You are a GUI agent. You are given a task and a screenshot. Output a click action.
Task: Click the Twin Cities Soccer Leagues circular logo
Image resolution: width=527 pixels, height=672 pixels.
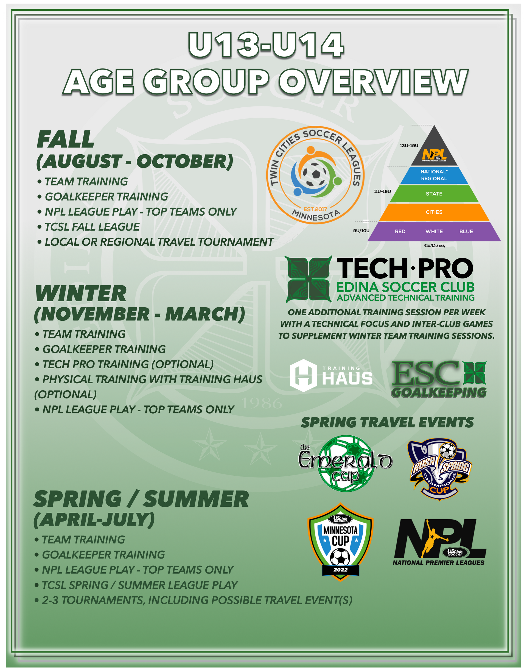[315, 175]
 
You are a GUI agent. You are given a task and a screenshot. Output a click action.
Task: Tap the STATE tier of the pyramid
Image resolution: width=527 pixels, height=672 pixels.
[434, 194]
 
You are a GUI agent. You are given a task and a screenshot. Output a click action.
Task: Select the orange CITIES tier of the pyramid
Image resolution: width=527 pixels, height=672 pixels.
[434, 212]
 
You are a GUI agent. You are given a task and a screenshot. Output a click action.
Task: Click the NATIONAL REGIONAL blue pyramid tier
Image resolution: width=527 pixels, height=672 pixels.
[434, 175]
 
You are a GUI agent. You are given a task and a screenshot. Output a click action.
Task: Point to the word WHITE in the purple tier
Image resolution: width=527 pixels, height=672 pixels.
[434, 231]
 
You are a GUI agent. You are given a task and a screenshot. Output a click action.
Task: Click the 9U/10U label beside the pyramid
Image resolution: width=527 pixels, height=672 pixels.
[361, 231]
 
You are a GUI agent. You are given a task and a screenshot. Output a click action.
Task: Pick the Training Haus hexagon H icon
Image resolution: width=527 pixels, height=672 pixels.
[304, 375]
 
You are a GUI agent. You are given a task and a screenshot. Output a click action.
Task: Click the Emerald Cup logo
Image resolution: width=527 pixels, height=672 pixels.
[345, 463]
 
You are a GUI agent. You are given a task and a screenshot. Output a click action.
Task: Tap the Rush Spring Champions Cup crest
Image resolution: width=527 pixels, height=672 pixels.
[440, 469]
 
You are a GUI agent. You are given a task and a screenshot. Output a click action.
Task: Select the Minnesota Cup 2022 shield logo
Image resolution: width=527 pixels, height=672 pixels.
[340, 542]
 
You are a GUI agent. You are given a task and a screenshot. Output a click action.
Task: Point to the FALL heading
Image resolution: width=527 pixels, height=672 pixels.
[65, 140]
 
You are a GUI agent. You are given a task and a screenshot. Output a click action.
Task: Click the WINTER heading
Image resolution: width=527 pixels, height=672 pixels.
[81, 294]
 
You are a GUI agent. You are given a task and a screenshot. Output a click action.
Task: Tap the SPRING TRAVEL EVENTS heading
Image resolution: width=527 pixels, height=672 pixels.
[387, 422]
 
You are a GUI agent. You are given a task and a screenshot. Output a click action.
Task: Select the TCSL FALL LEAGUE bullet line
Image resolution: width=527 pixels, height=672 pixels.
[89, 227]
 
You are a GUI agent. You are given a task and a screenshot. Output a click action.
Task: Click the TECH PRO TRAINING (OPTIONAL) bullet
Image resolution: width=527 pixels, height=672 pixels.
[124, 364]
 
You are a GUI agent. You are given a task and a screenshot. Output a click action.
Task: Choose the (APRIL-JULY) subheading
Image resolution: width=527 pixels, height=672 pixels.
[94, 520]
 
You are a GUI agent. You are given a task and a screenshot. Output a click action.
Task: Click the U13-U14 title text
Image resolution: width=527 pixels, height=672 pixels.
[266, 45]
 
